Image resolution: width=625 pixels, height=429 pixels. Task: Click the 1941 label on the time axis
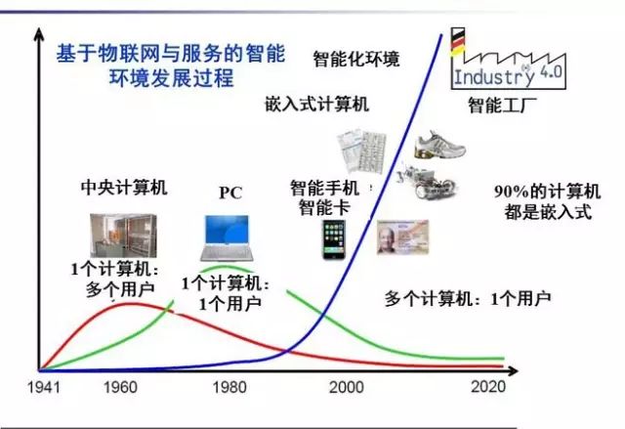44,387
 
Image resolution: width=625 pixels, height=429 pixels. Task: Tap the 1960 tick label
120,387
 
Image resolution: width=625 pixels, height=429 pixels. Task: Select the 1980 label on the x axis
229,387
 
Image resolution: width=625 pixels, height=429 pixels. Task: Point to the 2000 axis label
346,387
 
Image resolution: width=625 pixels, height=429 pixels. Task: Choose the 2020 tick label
488,386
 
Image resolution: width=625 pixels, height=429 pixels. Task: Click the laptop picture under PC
227,238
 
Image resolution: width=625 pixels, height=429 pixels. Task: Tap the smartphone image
334,240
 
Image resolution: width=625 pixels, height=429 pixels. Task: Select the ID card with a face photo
402,236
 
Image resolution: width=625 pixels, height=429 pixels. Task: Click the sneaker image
439,145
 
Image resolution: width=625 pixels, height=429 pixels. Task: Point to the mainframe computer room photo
123,236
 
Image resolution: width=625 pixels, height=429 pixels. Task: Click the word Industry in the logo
494,76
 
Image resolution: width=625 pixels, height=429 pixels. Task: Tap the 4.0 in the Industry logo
551,72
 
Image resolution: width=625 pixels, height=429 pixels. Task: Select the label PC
230,193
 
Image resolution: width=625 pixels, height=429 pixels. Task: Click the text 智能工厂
502,106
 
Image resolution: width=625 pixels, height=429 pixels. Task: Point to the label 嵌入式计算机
316,105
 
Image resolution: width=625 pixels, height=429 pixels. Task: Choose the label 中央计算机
124,188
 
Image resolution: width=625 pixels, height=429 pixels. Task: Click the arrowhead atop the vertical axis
39,34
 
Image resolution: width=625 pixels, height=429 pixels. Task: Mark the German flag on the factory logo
458,41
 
